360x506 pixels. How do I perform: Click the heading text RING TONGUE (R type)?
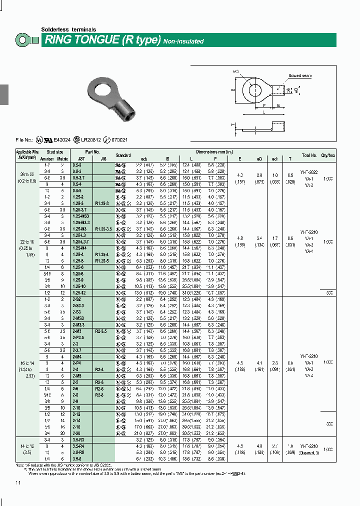pyautogui.click(x=102, y=40)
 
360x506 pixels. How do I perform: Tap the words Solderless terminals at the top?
pyautogui.click(x=68, y=29)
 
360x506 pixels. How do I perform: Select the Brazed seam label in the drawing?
pyautogui.click(x=299, y=75)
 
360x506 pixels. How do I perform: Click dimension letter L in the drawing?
pyautogui.click(x=264, y=113)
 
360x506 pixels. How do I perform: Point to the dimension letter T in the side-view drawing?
pyautogui.click(x=233, y=124)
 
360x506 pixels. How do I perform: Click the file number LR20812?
pyautogui.click(x=91, y=140)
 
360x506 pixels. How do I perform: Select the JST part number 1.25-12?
pyautogui.click(x=79, y=291)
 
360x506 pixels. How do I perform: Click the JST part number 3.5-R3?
pyautogui.click(x=79, y=438)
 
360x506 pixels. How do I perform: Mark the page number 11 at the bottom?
pyautogui.click(x=18, y=482)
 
